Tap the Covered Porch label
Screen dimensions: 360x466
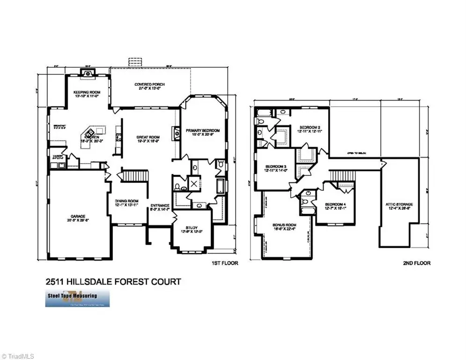149,85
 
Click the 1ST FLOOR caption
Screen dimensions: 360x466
225,263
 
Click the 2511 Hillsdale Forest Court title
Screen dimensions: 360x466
113,282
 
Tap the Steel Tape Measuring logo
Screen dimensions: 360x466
77,298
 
